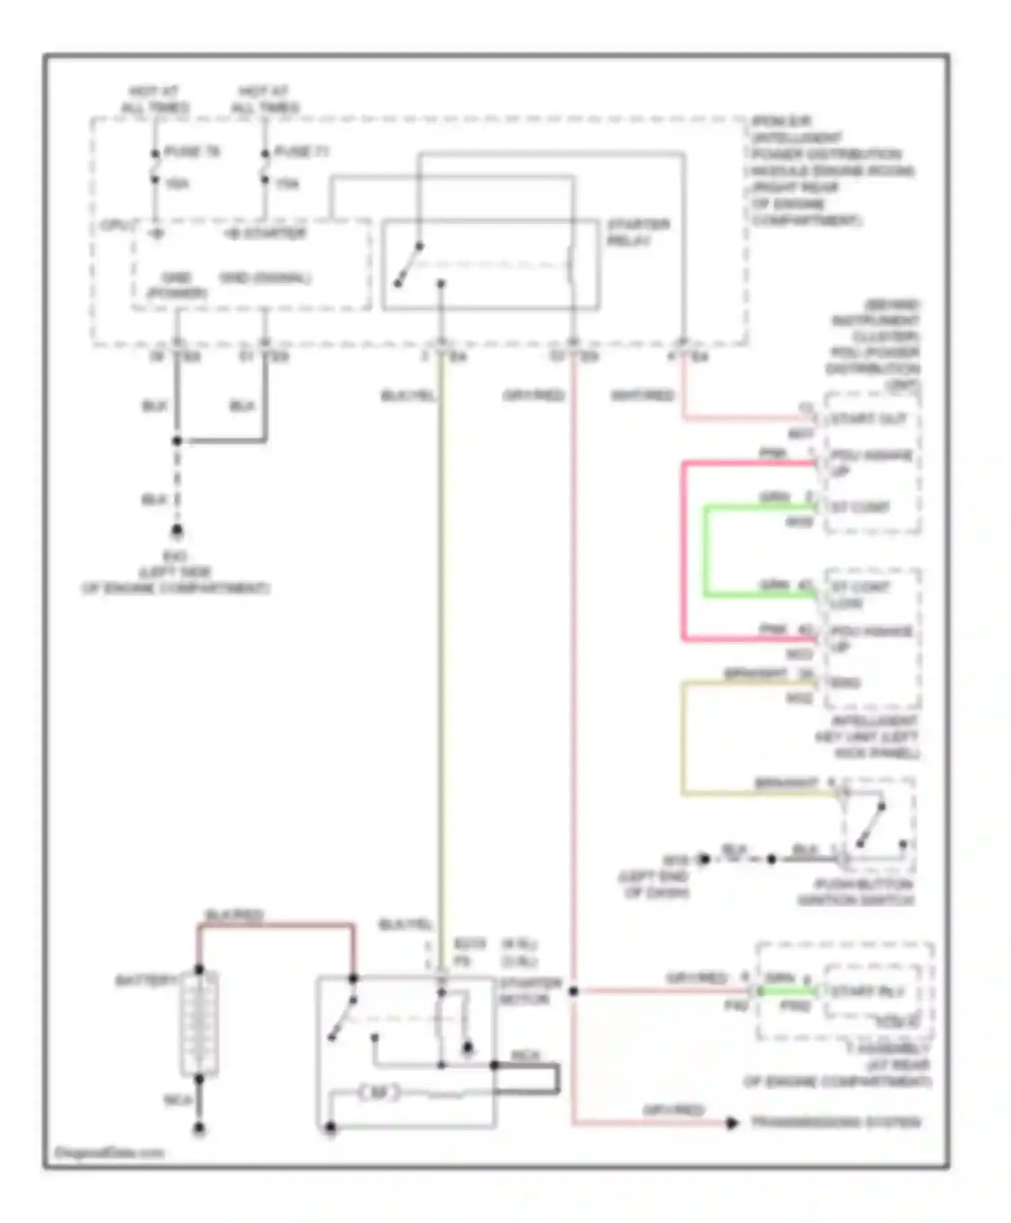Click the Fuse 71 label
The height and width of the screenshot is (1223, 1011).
pos(301,152)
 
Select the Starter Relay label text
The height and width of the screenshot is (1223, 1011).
pos(638,233)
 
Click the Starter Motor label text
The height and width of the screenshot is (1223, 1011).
pos(530,992)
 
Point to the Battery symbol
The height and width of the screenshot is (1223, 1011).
pos(199,1023)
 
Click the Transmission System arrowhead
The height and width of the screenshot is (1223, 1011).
pos(732,1123)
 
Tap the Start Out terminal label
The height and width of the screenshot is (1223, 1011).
pos(868,419)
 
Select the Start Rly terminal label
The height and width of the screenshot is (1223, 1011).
pos(867,992)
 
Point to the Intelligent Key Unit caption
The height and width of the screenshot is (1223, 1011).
pos(867,737)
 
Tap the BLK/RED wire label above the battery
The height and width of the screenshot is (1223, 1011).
pos(233,916)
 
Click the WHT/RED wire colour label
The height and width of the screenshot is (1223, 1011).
pos(642,396)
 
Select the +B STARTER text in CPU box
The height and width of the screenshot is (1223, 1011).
pos(265,234)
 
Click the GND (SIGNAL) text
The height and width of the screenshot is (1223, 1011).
pos(265,278)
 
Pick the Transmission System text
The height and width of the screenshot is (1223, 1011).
pos(836,1123)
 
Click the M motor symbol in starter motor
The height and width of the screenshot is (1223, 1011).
pos(379,1093)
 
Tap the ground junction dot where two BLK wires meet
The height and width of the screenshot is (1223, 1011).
pos(177,441)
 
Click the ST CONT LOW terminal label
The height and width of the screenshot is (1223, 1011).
pos(860,595)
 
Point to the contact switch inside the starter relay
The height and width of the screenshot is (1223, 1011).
pos(408,264)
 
